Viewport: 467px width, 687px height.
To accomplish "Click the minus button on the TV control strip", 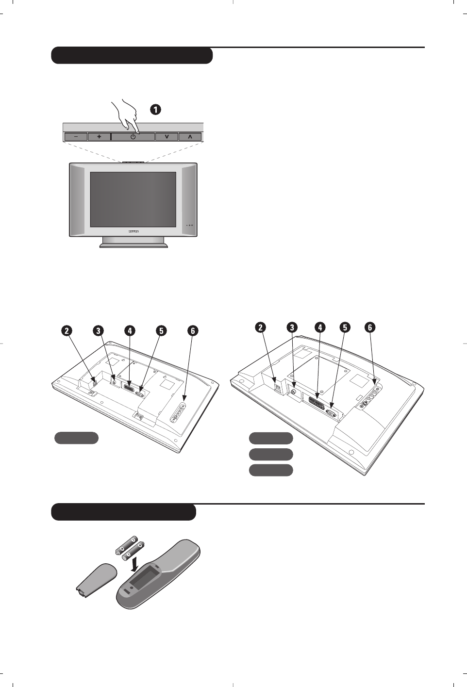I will (x=76, y=137).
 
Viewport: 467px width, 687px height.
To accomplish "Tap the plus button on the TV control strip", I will (x=99, y=137).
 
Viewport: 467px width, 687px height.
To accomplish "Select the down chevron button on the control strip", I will (x=167, y=137).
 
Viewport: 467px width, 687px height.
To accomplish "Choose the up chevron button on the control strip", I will (x=190, y=137).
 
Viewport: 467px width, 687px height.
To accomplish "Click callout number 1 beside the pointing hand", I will (x=155, y=110).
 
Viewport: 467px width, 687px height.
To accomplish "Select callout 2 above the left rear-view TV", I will (x=67, y=331).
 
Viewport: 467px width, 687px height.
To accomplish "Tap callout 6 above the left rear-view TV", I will (x=193, y=331).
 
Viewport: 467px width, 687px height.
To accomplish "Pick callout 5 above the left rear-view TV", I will (x=161, y=331).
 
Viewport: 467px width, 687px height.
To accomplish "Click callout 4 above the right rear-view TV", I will (x=320, y=327).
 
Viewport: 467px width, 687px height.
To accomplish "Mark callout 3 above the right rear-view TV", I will (x=292, y=327).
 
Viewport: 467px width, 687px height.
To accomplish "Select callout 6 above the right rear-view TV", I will (x=370, y=327).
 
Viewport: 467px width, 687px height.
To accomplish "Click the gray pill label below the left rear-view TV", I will (x=76, y=438).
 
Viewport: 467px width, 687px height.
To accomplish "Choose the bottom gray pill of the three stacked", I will (x=271, y=470).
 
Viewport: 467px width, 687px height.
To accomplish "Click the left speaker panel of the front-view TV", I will (x=78, y=199).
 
